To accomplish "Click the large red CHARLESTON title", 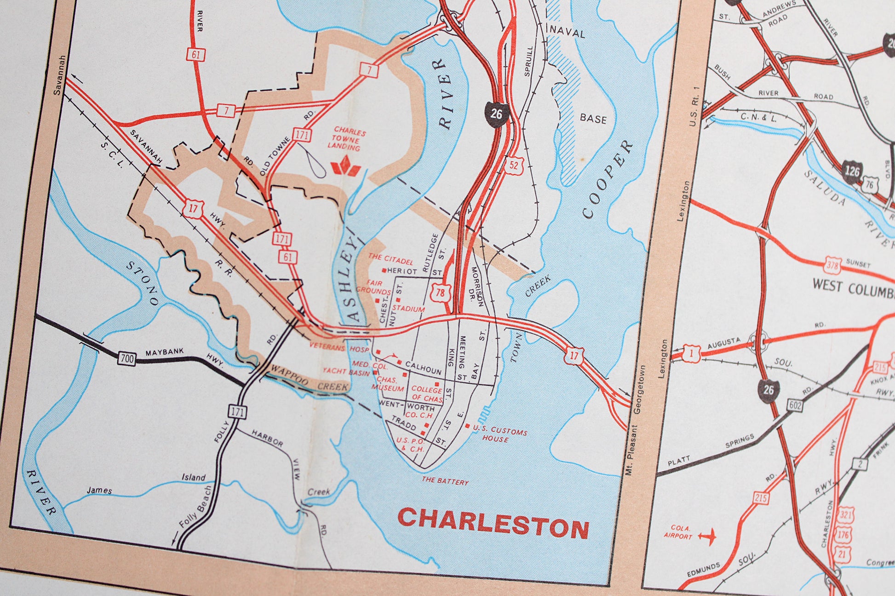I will pyautogui.click(x=493, y=526).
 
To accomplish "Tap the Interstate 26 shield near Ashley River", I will pyautogui.click(x=496, y=113).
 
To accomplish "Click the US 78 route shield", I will pyautogui.click(x=440, y=293).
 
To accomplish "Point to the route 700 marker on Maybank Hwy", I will pyautogui.click(x=126, y=358).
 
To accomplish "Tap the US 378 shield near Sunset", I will pyautogui.click(x=832, y=266).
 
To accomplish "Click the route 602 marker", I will pyautogui.click(x=795, y=405).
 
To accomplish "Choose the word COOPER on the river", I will pyautogui.click(x=607, y=179).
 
